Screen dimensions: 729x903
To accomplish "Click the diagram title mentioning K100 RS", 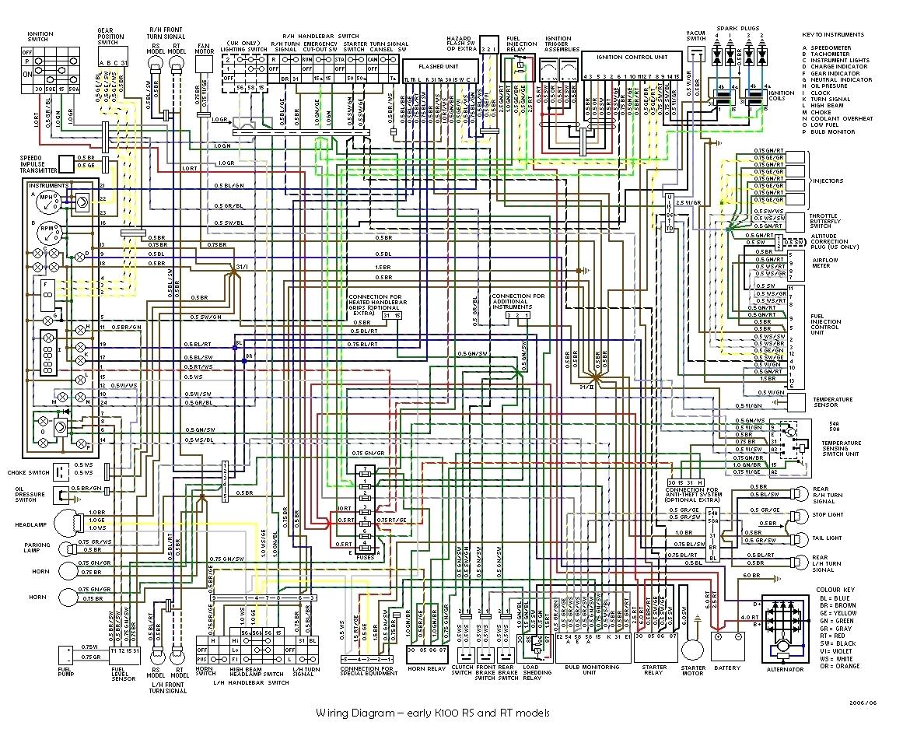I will [x=432, y=713].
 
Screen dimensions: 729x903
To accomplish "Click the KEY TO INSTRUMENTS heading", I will [x=833, y=35].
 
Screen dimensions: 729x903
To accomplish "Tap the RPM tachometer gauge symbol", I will [x=46, y=232].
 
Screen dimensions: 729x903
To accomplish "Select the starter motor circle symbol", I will [x=692, y=651].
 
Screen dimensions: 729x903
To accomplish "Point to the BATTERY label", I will [x=727, y=668].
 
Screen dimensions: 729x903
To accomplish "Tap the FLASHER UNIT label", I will [x=436, y=67].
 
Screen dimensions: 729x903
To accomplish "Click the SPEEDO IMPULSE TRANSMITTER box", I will [x=68, y=163].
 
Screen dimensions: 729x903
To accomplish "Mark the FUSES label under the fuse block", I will [x=364, y=557].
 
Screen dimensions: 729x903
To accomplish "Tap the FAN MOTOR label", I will [x=204, y=49].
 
